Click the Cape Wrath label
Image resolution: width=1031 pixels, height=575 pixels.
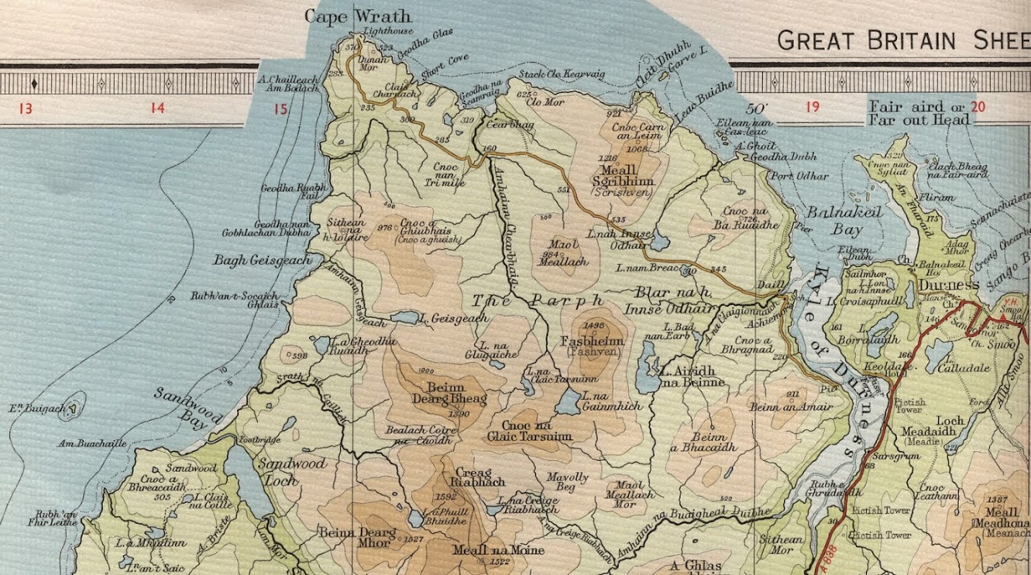pyautogui.click(x=357, y=17)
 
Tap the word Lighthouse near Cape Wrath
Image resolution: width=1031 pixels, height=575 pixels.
pyautogui.click(x=388, y=31)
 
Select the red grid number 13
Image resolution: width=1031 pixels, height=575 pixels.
pyautogui.click(x=25, y=108)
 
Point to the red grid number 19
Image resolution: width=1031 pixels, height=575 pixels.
pyautogui.click(x=812, y=107)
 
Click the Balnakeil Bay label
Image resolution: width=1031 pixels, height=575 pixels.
pyautogui.click(x=845, y=221)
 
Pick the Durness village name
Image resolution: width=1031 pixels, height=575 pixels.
pyautogui.click(x=949, y=285)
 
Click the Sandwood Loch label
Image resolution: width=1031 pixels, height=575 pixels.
pyautogui.click(x=291, y=471)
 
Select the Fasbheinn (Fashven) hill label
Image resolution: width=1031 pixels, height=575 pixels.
pyautogui.click(x=592, y=345)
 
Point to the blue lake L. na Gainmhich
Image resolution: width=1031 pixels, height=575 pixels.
pyautogui.click(x=568, y=402)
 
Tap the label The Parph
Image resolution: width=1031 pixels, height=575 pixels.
pyautogui.click(x=538, y=301)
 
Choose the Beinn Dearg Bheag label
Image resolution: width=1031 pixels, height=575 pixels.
pyautogui.click(x=449, y=393)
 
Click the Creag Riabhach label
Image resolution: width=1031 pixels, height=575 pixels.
pyautogui.click(x=479, y=477)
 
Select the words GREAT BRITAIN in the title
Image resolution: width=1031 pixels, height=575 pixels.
pyautogui.click(x=866, y=41)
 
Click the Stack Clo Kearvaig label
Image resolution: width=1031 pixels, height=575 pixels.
pyautogui.click(x=562, y=74)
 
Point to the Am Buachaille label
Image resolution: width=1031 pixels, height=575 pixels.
pyautogui.click(x=92, y=444)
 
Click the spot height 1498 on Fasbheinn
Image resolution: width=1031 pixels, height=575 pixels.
pyautogui.click(x=593, y=326)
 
